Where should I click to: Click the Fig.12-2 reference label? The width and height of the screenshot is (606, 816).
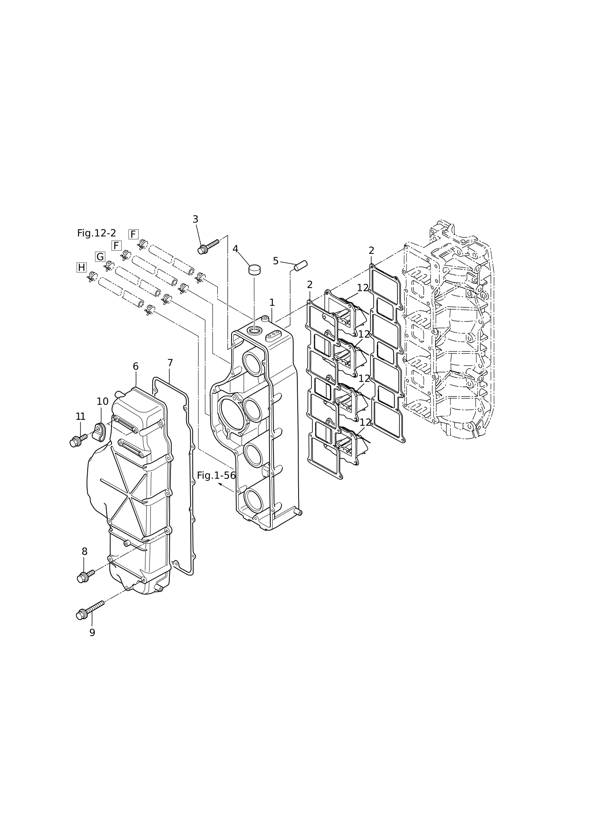[x=97, y=233]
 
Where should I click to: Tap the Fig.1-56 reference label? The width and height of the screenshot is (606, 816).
[x=216, y=476]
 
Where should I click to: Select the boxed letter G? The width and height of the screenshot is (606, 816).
[x=100, y=257]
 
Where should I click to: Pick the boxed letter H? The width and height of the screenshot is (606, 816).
[x=82, y=267]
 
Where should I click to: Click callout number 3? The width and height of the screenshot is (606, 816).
[x=195, y=219]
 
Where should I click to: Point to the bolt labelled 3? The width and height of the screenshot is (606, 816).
[x=208, y=247]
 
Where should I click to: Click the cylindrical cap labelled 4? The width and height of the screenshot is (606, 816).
[x=254, y=270]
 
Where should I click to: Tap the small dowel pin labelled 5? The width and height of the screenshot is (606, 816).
[x=301, y=266]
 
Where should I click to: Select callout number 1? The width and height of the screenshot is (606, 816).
[x=272, y=302]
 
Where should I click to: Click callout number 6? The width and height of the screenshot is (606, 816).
[x=136, y=366]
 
